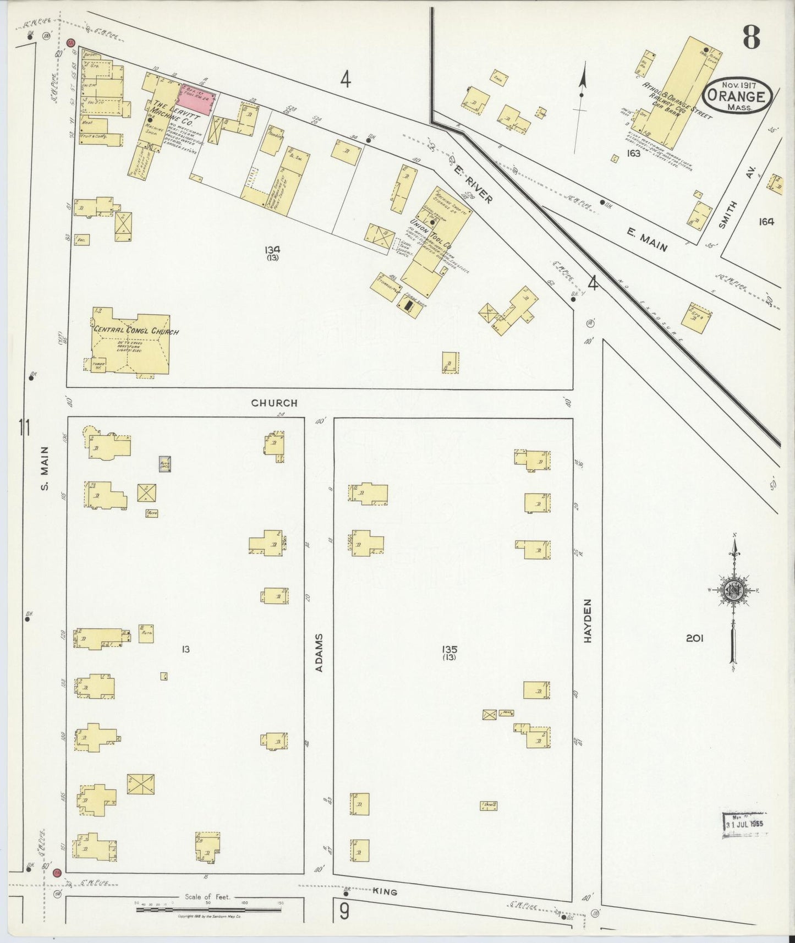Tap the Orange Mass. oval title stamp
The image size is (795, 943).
click(x=737, y=96)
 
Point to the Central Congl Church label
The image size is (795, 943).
click(x=136, y=331)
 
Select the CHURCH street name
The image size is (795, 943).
click(x=274, y=403)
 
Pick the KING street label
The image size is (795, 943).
click(x=385, y=892)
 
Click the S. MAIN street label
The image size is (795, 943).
click(x=45, y=468)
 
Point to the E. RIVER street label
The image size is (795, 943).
click(x=473, y=185)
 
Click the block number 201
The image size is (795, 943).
click(x=694, y=638)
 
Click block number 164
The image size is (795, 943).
click(x=766, y=221)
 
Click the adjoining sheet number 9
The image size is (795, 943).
click(x=344, y=912)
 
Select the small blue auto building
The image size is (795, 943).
click(x=165, y=463)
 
